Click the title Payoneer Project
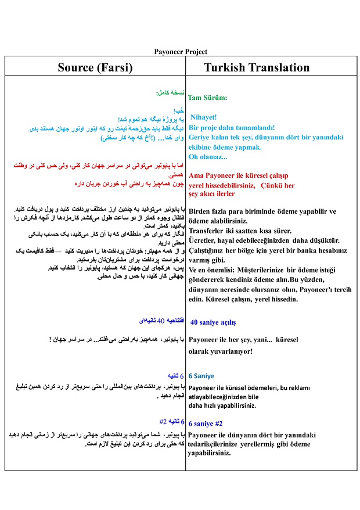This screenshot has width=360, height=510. (x=181, y=52)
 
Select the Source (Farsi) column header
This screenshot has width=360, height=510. (x=95, y=67)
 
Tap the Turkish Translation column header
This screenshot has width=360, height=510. (x=257, y=67)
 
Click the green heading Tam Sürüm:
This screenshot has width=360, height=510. (x=207, y=98)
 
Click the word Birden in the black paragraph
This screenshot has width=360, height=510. (x=201, y=211)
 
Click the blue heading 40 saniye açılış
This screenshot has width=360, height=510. (x=213, y=322)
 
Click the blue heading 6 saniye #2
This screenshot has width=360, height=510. (x=206, y=423)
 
